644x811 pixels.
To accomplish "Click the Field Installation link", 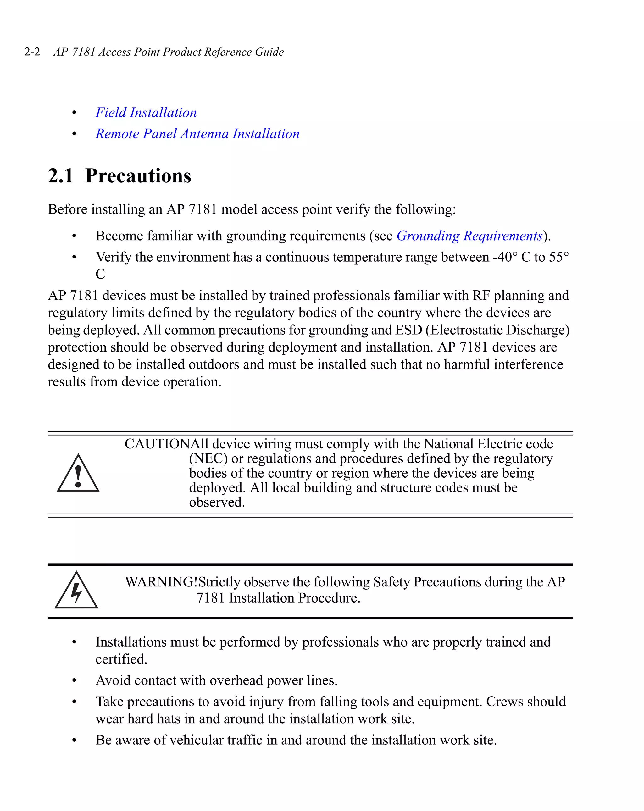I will [x=146, y=113].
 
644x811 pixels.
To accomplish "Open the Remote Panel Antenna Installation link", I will [x=197, y=134].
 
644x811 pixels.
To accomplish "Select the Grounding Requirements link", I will [x=469, y=236].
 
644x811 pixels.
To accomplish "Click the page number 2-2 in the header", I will [x=32, y=52].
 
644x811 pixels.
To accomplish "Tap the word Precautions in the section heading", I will [x=138, y=176].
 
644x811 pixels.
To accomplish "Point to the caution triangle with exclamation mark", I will [x=78, y=474].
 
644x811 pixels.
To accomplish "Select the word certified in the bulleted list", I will [x=121, y=659].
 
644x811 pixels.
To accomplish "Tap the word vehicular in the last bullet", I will [x=196, y=740].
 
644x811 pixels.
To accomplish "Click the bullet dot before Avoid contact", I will [x=74, y=680].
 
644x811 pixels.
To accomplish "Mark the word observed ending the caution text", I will [x=216, y=502].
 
